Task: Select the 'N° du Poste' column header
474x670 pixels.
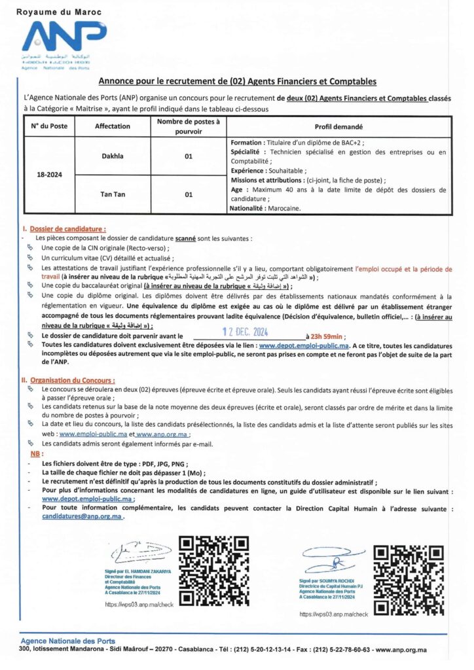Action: pyautogui.click(x=48, y=126)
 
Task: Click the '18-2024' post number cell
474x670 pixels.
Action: pyautogui.click(x=48, y=174)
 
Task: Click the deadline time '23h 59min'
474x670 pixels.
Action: pyautogui.click(x=325, y=336)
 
